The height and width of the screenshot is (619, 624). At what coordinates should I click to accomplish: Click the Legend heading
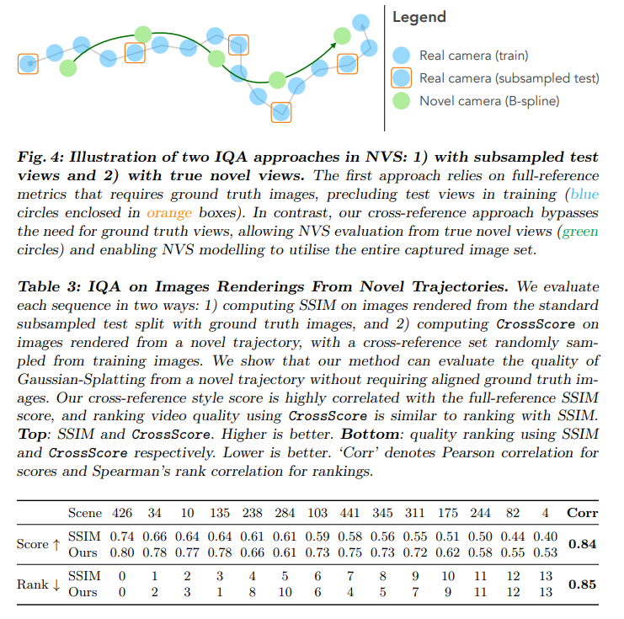420,17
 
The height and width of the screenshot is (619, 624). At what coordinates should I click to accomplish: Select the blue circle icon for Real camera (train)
403,56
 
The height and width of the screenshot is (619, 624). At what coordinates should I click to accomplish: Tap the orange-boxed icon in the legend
403,78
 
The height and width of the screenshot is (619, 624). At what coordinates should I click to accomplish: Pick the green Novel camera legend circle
403,101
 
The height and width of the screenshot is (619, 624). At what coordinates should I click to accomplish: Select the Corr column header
583,512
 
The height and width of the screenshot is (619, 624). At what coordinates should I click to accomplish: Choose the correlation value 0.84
583,543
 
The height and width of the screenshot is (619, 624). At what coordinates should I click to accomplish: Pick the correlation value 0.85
583,584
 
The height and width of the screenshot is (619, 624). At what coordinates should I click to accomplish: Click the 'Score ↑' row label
39,543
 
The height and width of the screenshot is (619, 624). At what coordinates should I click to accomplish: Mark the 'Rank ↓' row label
39,584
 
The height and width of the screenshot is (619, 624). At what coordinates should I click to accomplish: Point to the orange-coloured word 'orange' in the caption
169,213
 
